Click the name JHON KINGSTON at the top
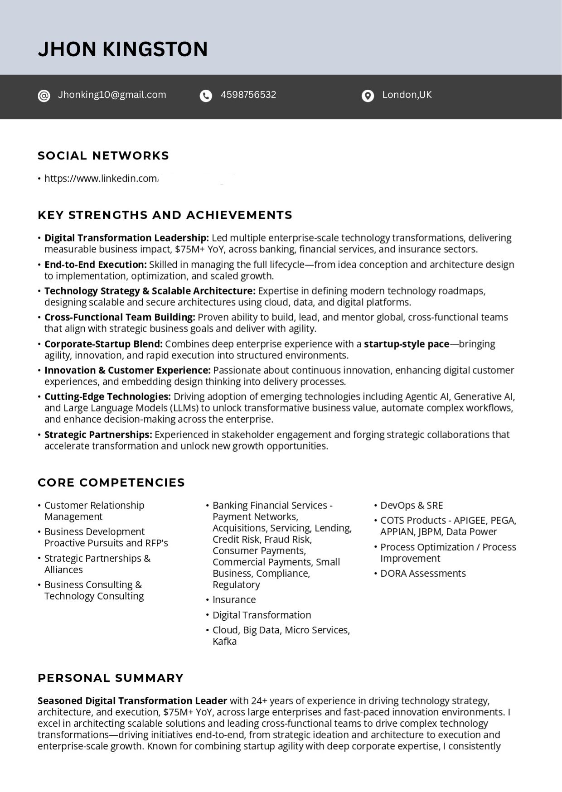pos(123,49)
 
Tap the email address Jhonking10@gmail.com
pos(112,95)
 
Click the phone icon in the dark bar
pos(206,96)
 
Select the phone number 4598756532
pos(248,95)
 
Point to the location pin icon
pos(368,96)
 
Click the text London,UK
pos(407,95)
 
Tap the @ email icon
pos(44,96)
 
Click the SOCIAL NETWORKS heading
pos(103,156)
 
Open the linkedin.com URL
pos(101,179)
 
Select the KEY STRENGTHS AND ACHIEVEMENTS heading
pos(165,215)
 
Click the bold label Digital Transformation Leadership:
pos(126,238)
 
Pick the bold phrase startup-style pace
pos(407,344)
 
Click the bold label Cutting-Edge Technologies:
pos(107,396)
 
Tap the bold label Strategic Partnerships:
pos(98,435)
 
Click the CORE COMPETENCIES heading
pos(111,483)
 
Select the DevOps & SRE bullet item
pos(412,505)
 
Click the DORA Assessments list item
pos(423,573)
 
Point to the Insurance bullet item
pos(234,599)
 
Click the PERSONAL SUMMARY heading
pos(111,678)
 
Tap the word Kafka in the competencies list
pos(224,641)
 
